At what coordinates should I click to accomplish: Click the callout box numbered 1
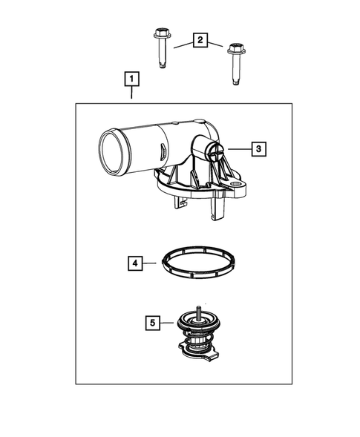pos(131,78)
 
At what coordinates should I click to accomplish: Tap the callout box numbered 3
pos(257,149)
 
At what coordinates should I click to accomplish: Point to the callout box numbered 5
pos(152,322)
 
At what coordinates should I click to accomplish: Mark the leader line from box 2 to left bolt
pos(181,45)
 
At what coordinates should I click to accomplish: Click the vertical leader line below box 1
pos(131,94)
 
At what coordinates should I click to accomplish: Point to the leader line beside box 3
pos(238,149)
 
